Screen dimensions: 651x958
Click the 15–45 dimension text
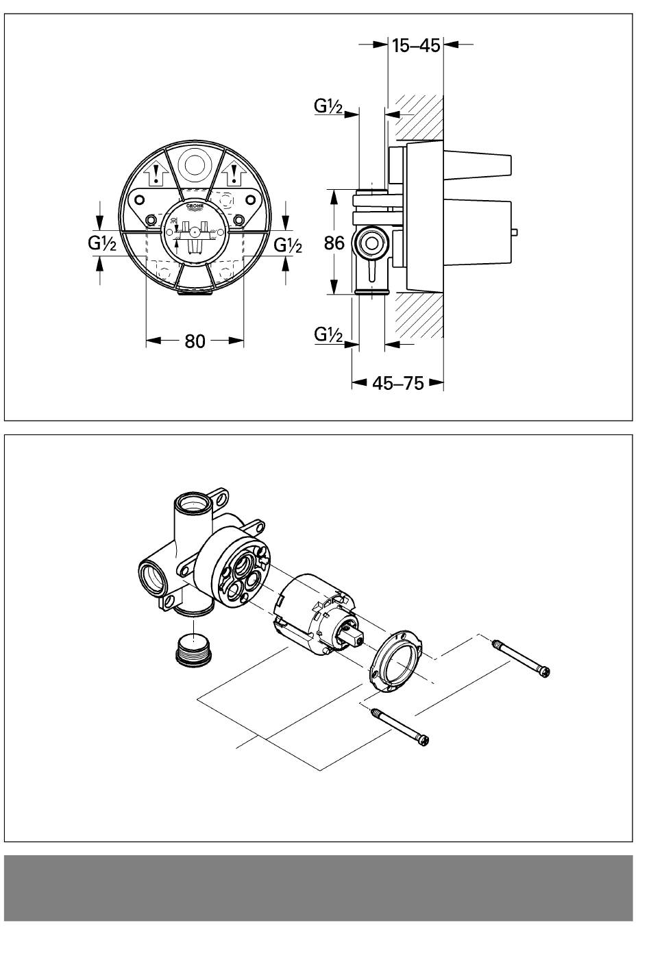tap(416, 45)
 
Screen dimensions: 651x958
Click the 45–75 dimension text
tap(397, 383)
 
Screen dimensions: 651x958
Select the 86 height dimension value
tap(334, 243)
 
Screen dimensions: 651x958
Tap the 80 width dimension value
tap(195, 341)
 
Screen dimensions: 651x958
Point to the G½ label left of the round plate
tap(102, 243)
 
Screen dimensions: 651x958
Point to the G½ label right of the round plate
tap(288, 245)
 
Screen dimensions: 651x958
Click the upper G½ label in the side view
tap(328, 106)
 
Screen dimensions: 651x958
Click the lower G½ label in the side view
tap(328, 334)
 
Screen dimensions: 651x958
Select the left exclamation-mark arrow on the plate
tap(156, 175)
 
